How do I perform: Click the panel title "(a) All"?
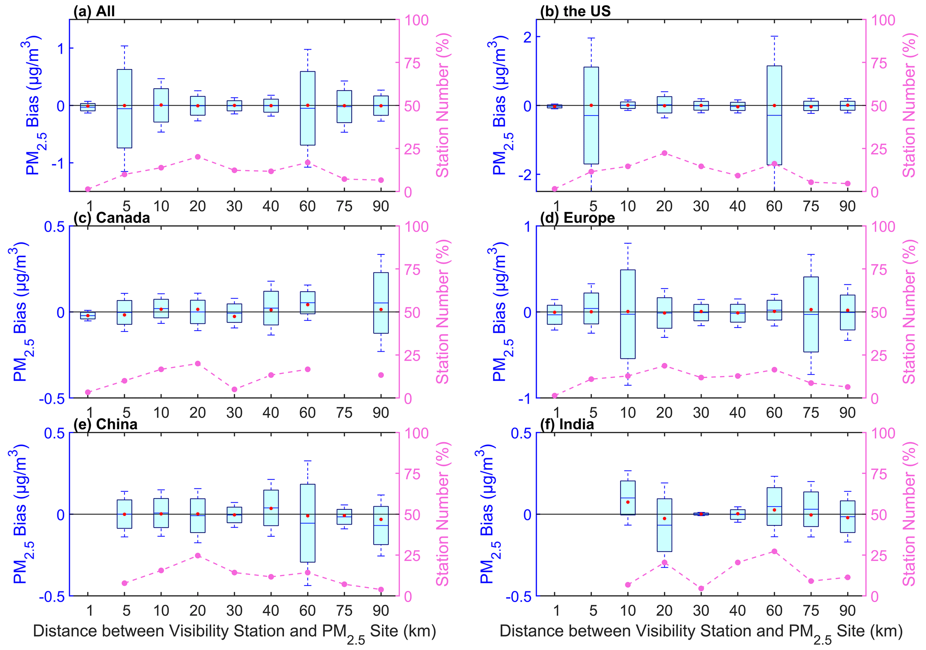(94, 11)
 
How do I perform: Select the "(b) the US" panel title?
(575, 11)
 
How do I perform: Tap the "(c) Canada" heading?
(112, 218)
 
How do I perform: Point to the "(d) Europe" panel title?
(578, 218)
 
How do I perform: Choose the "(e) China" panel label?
(105, 424)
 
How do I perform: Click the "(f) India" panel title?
(567, 424)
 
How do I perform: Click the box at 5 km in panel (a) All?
(125, 108)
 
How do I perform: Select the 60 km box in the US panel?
(774, 115)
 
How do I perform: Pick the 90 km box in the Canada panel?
(381, 303)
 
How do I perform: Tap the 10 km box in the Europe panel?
(628, 314)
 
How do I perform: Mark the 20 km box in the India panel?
(664, 525)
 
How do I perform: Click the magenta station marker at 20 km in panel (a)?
(198, 157)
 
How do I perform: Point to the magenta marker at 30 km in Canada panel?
(234, 389)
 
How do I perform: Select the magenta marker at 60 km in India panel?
(774, 551)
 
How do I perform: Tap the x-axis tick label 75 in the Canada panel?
(344, 412)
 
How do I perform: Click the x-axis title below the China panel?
(234, 632)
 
